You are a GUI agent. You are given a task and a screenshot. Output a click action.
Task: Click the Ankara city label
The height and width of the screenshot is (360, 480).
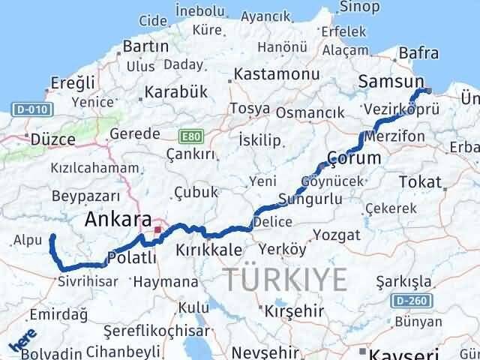[x=116, y=219]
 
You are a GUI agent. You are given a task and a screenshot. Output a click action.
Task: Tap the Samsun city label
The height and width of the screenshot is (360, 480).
[x=391, y=81]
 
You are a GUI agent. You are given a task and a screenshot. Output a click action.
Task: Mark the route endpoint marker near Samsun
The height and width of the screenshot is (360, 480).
[x=427, y=91]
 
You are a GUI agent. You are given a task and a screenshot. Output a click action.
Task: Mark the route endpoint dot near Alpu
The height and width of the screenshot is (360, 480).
[x=52, y=237]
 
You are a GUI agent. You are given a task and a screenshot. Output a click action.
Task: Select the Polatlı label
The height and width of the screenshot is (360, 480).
[x=132, y=259]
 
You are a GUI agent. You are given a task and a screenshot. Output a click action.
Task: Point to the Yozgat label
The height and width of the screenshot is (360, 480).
[x=331, y=235]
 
